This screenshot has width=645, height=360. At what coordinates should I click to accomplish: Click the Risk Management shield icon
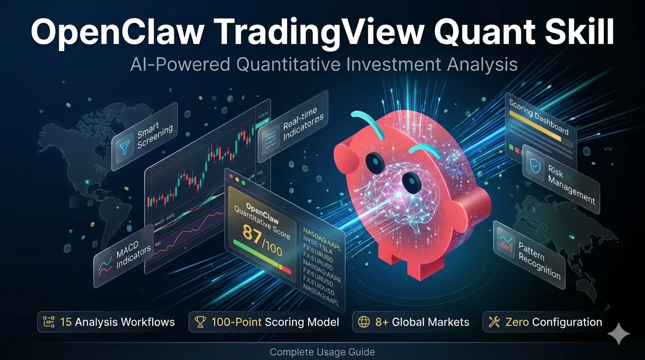534,164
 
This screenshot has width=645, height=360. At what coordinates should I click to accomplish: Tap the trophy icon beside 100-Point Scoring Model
200,322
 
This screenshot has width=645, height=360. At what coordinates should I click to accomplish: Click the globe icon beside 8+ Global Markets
364,322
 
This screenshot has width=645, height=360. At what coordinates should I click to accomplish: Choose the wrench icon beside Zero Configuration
494,322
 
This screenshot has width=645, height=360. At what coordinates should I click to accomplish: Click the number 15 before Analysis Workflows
66,322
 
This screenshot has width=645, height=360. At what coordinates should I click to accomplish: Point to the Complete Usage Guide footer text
322,352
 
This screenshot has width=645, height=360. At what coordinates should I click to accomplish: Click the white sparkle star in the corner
618,334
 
